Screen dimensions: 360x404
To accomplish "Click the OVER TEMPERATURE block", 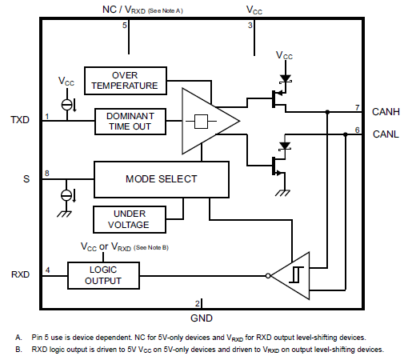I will (x=125, y=80).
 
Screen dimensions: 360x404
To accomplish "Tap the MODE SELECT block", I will (x=161, y=178).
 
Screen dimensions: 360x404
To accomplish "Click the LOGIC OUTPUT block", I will (x=104, y=275).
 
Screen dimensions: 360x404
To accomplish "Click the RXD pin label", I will (x=19, y=274).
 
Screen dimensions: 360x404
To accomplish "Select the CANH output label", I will (x=386, y=111).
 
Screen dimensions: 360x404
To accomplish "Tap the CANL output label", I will (x=386, y=134).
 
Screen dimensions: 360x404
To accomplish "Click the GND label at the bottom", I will (x=202, y=318).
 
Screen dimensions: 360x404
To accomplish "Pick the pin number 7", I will (x=357, y=106).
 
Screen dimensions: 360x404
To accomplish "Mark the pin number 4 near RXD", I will (x=47, y=270).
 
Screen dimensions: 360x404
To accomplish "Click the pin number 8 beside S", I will (x=47, y=174).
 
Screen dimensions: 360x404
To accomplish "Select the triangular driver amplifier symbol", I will (x=207, y=121).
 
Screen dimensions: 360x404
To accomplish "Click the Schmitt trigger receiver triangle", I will (x=293, y=275).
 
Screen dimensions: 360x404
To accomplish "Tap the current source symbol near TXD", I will (x=67, y=104).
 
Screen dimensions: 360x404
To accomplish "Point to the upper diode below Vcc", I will (x=284, y=79).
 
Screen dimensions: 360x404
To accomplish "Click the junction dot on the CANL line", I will (x=344, y=135).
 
